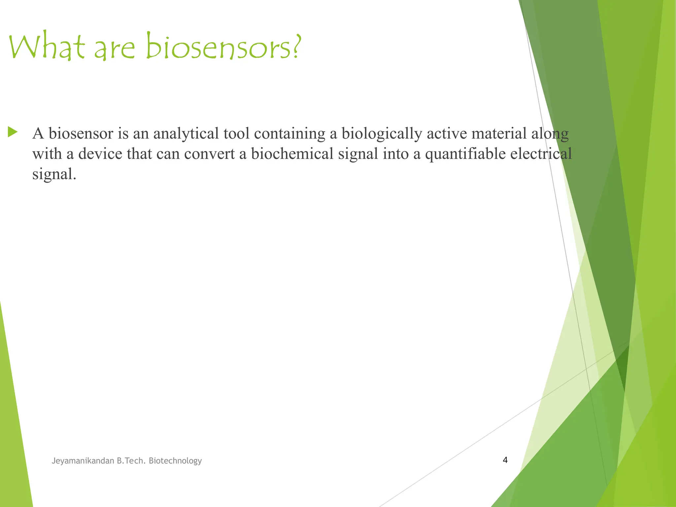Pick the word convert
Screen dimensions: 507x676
(209, 154)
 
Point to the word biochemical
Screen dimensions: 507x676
(292, 154)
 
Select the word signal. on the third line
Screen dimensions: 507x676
(54, 174)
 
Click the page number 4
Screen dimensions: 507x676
(505, 460)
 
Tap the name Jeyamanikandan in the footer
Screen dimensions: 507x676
(83, 461)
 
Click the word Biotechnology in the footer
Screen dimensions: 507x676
(175, 461)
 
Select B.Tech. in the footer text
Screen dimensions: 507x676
(131, 461)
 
